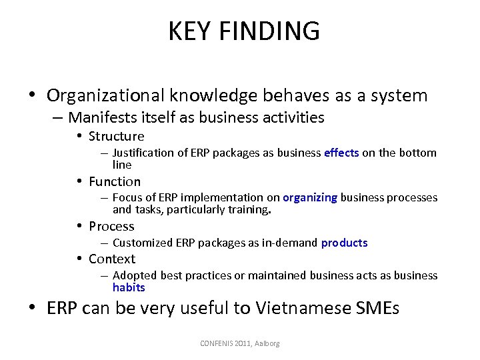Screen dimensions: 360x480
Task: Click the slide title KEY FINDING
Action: click(x=244, y=31)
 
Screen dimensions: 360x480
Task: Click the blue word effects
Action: click(x=341, y=153)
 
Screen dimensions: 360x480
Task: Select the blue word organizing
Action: click(x=310, y=197)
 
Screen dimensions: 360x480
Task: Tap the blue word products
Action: click(x=344, y=243)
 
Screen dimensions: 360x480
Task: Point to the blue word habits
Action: click(x=129, y=287)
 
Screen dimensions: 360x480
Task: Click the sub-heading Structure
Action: click(x=116, y=136)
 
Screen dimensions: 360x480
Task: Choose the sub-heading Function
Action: click(x=115, y=181)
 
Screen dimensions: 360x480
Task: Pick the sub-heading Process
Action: click(x=111, y=226)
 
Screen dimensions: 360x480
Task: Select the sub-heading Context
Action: click(x=112, y=259)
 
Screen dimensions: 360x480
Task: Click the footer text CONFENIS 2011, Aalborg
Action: click(x=240, y=343)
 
